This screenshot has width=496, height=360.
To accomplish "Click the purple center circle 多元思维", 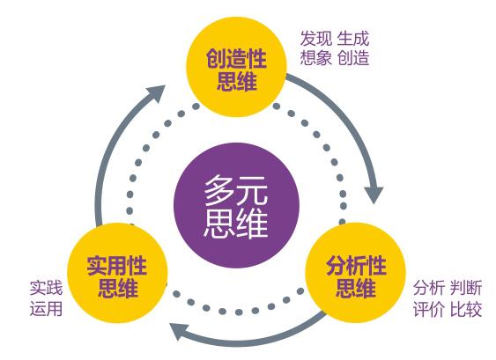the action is (237, 206).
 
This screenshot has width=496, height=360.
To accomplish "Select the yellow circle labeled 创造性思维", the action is (237, 67).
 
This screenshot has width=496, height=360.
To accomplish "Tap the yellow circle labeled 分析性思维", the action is (356, 274).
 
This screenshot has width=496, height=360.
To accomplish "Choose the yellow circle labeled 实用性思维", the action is (117, 274).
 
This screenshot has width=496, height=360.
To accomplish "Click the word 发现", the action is (316, 39).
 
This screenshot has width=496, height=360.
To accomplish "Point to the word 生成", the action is (353, 39).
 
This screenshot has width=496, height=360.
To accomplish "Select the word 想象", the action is (316, 58).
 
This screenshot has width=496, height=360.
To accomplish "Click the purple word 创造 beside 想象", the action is (353, 58).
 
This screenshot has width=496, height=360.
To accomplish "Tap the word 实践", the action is (46, 288).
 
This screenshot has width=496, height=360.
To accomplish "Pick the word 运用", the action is (46, 308).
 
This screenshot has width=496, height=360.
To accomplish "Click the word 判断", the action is (466, 288).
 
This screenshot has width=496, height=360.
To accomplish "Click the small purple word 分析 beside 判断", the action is (429, 288).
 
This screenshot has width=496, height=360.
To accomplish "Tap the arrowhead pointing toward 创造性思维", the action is (156, 93).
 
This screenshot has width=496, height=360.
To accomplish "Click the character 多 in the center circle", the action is (220, 190).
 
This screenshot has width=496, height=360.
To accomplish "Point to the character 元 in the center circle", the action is (252, 190).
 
